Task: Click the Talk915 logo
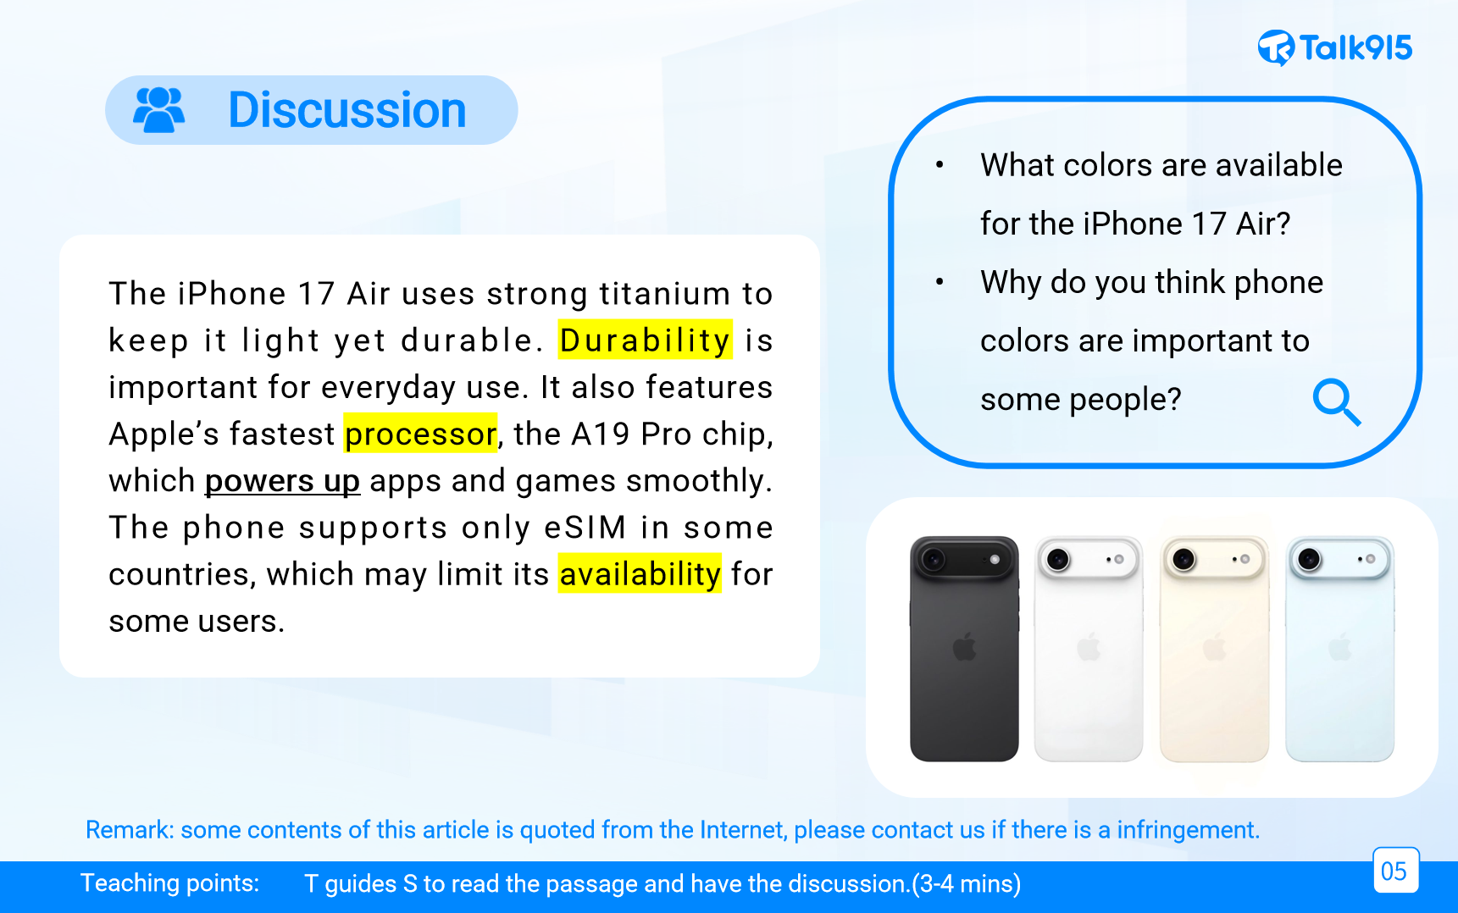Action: click(x=1335, y=47)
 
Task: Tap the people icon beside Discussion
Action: click(x=159, y=110)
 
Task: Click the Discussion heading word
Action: click(x=347, y=110)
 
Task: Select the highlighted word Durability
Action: click(x=645, y=340)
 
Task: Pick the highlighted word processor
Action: click(x=420, y=434)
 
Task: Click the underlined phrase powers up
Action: click(x=282, y=480)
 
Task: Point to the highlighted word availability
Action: click(x=640, y=573)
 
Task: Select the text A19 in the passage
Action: click(x=601, y=434)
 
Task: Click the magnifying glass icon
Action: click(x=1337, y=401)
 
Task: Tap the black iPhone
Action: click(x=964, y=649)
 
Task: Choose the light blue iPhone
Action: click(x=1339, y=649)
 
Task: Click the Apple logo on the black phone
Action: click(x=964, y=649)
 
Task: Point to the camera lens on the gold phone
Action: click(x=1184, y=559)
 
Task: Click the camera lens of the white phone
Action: click(x=1058, y=559)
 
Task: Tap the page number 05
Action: click(x=1394, y=871)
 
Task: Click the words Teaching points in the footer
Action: click(x=170, y=883)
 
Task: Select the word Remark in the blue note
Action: click(x=130, y=829)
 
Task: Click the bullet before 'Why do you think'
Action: click(x=940, y=282)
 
